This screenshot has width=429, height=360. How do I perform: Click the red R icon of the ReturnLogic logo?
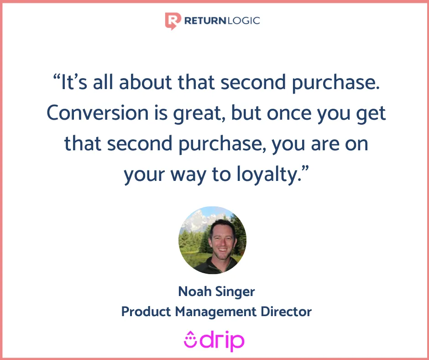[x=173, y=21]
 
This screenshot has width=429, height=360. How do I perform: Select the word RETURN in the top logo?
[x=205, y=21]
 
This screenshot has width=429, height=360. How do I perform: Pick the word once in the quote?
[x=289, y=113]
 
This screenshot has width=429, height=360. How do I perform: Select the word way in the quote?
[x=188, y=175]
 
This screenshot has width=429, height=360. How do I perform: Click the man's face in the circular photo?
[x=222, y=239]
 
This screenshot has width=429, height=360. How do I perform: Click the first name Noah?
[x=194, y=291]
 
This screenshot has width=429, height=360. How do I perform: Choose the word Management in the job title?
[x=216, y=312]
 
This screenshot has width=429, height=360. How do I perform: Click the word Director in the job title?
[x=286, y=312]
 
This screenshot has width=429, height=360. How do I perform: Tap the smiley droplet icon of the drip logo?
[x=190, y=339]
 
